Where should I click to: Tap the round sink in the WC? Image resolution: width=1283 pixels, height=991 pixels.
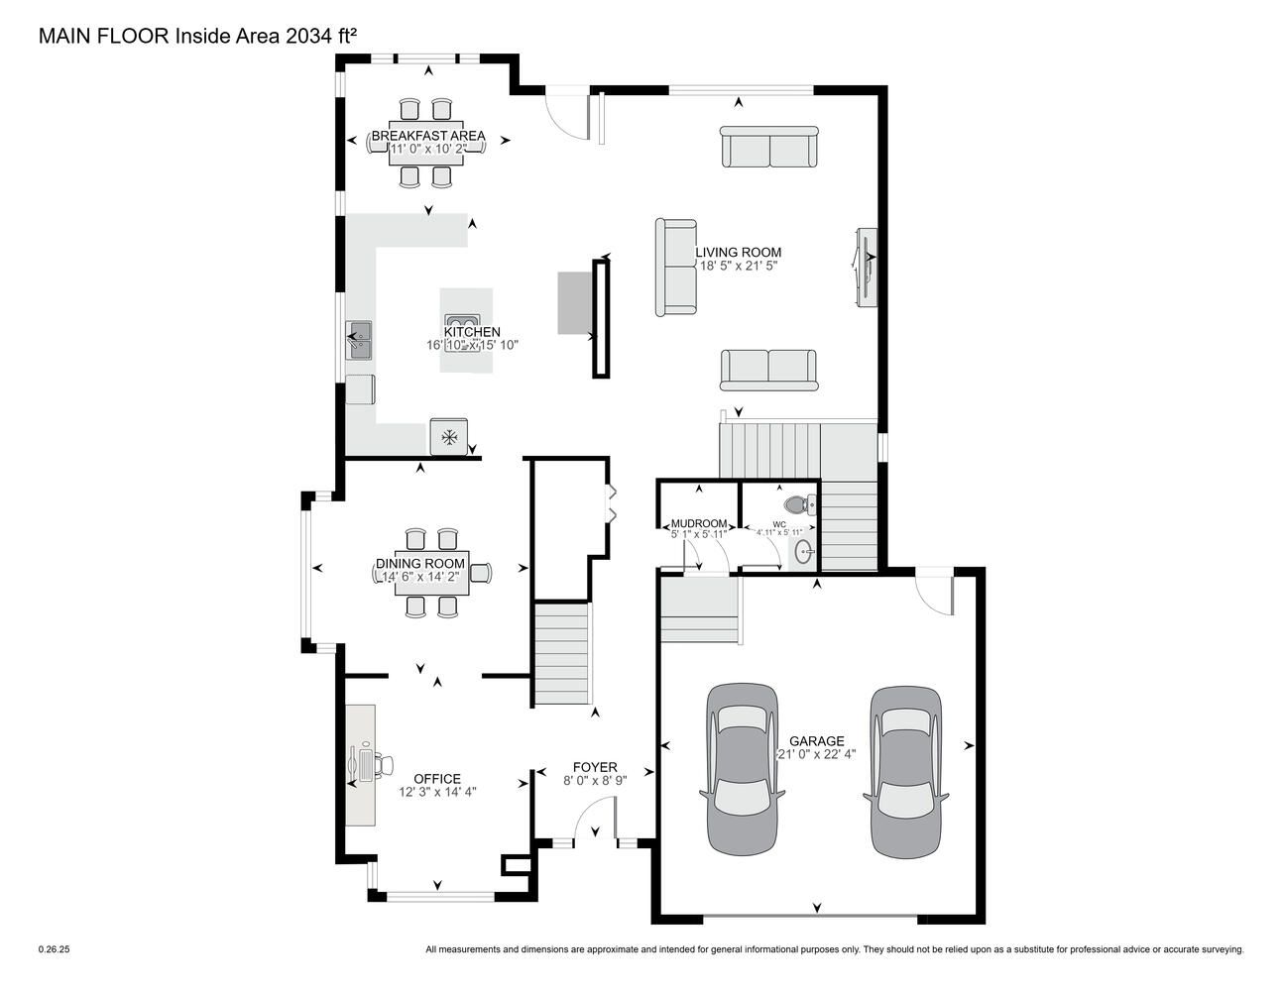point(804,553)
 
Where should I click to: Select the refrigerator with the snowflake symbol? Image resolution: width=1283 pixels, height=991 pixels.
point(449,437)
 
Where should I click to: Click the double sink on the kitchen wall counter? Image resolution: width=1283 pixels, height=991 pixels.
point(359,340)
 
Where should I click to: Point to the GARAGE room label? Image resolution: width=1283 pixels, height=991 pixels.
point(817,741)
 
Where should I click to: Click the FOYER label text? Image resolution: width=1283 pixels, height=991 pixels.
point(595,767)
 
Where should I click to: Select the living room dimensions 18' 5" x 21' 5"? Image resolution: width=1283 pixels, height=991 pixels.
point(738,266)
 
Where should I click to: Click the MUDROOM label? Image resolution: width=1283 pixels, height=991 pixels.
point(699,523)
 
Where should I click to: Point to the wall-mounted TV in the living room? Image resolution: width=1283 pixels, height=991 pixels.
point(866,268)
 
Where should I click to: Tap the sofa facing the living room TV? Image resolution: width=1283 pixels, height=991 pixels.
point(676,268)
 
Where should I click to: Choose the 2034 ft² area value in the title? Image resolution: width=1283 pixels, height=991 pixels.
point(321,36)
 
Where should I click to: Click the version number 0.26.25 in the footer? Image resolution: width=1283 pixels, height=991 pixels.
point(54,949)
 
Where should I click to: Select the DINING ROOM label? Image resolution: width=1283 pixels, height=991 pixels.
point(419,563)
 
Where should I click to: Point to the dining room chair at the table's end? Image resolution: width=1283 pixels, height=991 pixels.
point(481,573)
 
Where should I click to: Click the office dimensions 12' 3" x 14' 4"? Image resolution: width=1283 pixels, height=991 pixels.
point(437,792)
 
